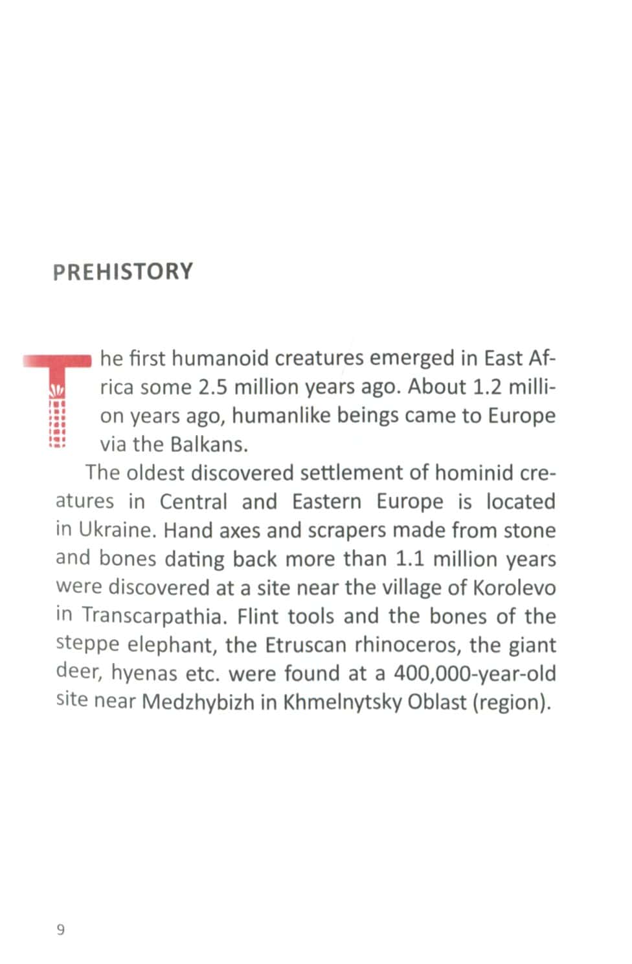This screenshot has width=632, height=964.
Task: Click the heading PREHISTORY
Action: coord(123,271)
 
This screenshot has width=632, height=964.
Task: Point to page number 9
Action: coord(61,930)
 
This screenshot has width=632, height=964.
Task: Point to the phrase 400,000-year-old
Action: coord(475,673)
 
